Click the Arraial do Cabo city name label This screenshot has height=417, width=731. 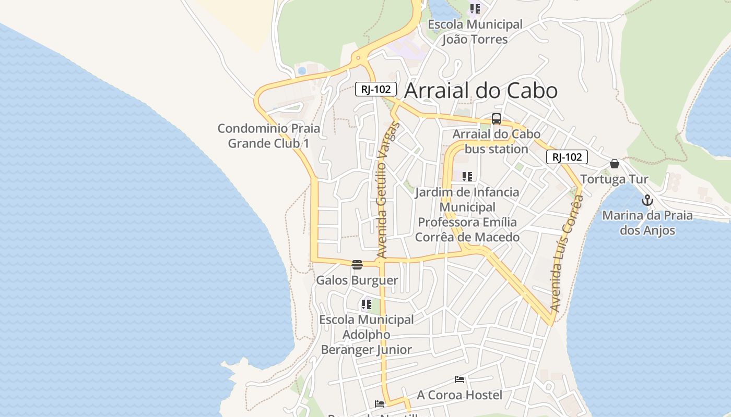click(x=481, y=91)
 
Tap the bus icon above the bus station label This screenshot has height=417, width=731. click(x=496, y=119)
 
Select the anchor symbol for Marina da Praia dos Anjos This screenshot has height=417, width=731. click(x=647, y=200)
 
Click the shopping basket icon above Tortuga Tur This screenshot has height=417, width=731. click(x=615, y=164)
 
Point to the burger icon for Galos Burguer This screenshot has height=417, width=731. click(x=357, y=265)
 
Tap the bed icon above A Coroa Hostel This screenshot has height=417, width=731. click(x=459, y=379)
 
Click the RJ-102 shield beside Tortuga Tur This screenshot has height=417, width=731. click(x=567, y=157)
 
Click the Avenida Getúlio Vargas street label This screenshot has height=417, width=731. click(x=387, y=190)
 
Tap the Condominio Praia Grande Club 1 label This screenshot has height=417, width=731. click(x=269, y=136)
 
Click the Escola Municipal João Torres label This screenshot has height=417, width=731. click(x=475, y=32)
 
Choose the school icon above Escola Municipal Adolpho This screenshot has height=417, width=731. click(x=367, y=304)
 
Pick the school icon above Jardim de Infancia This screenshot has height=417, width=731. click(x=467, y=177)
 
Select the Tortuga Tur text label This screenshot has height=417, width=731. click(x=614, y=179)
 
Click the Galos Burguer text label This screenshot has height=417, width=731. click(x=357, y=280)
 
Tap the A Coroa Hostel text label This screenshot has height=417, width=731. click(x=459, y=395)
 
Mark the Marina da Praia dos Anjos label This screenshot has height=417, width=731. click(x=647, y=223)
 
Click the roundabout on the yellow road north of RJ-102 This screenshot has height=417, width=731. click(x=358, y=58)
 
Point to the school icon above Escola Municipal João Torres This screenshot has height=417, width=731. click(x=475, y=9)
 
